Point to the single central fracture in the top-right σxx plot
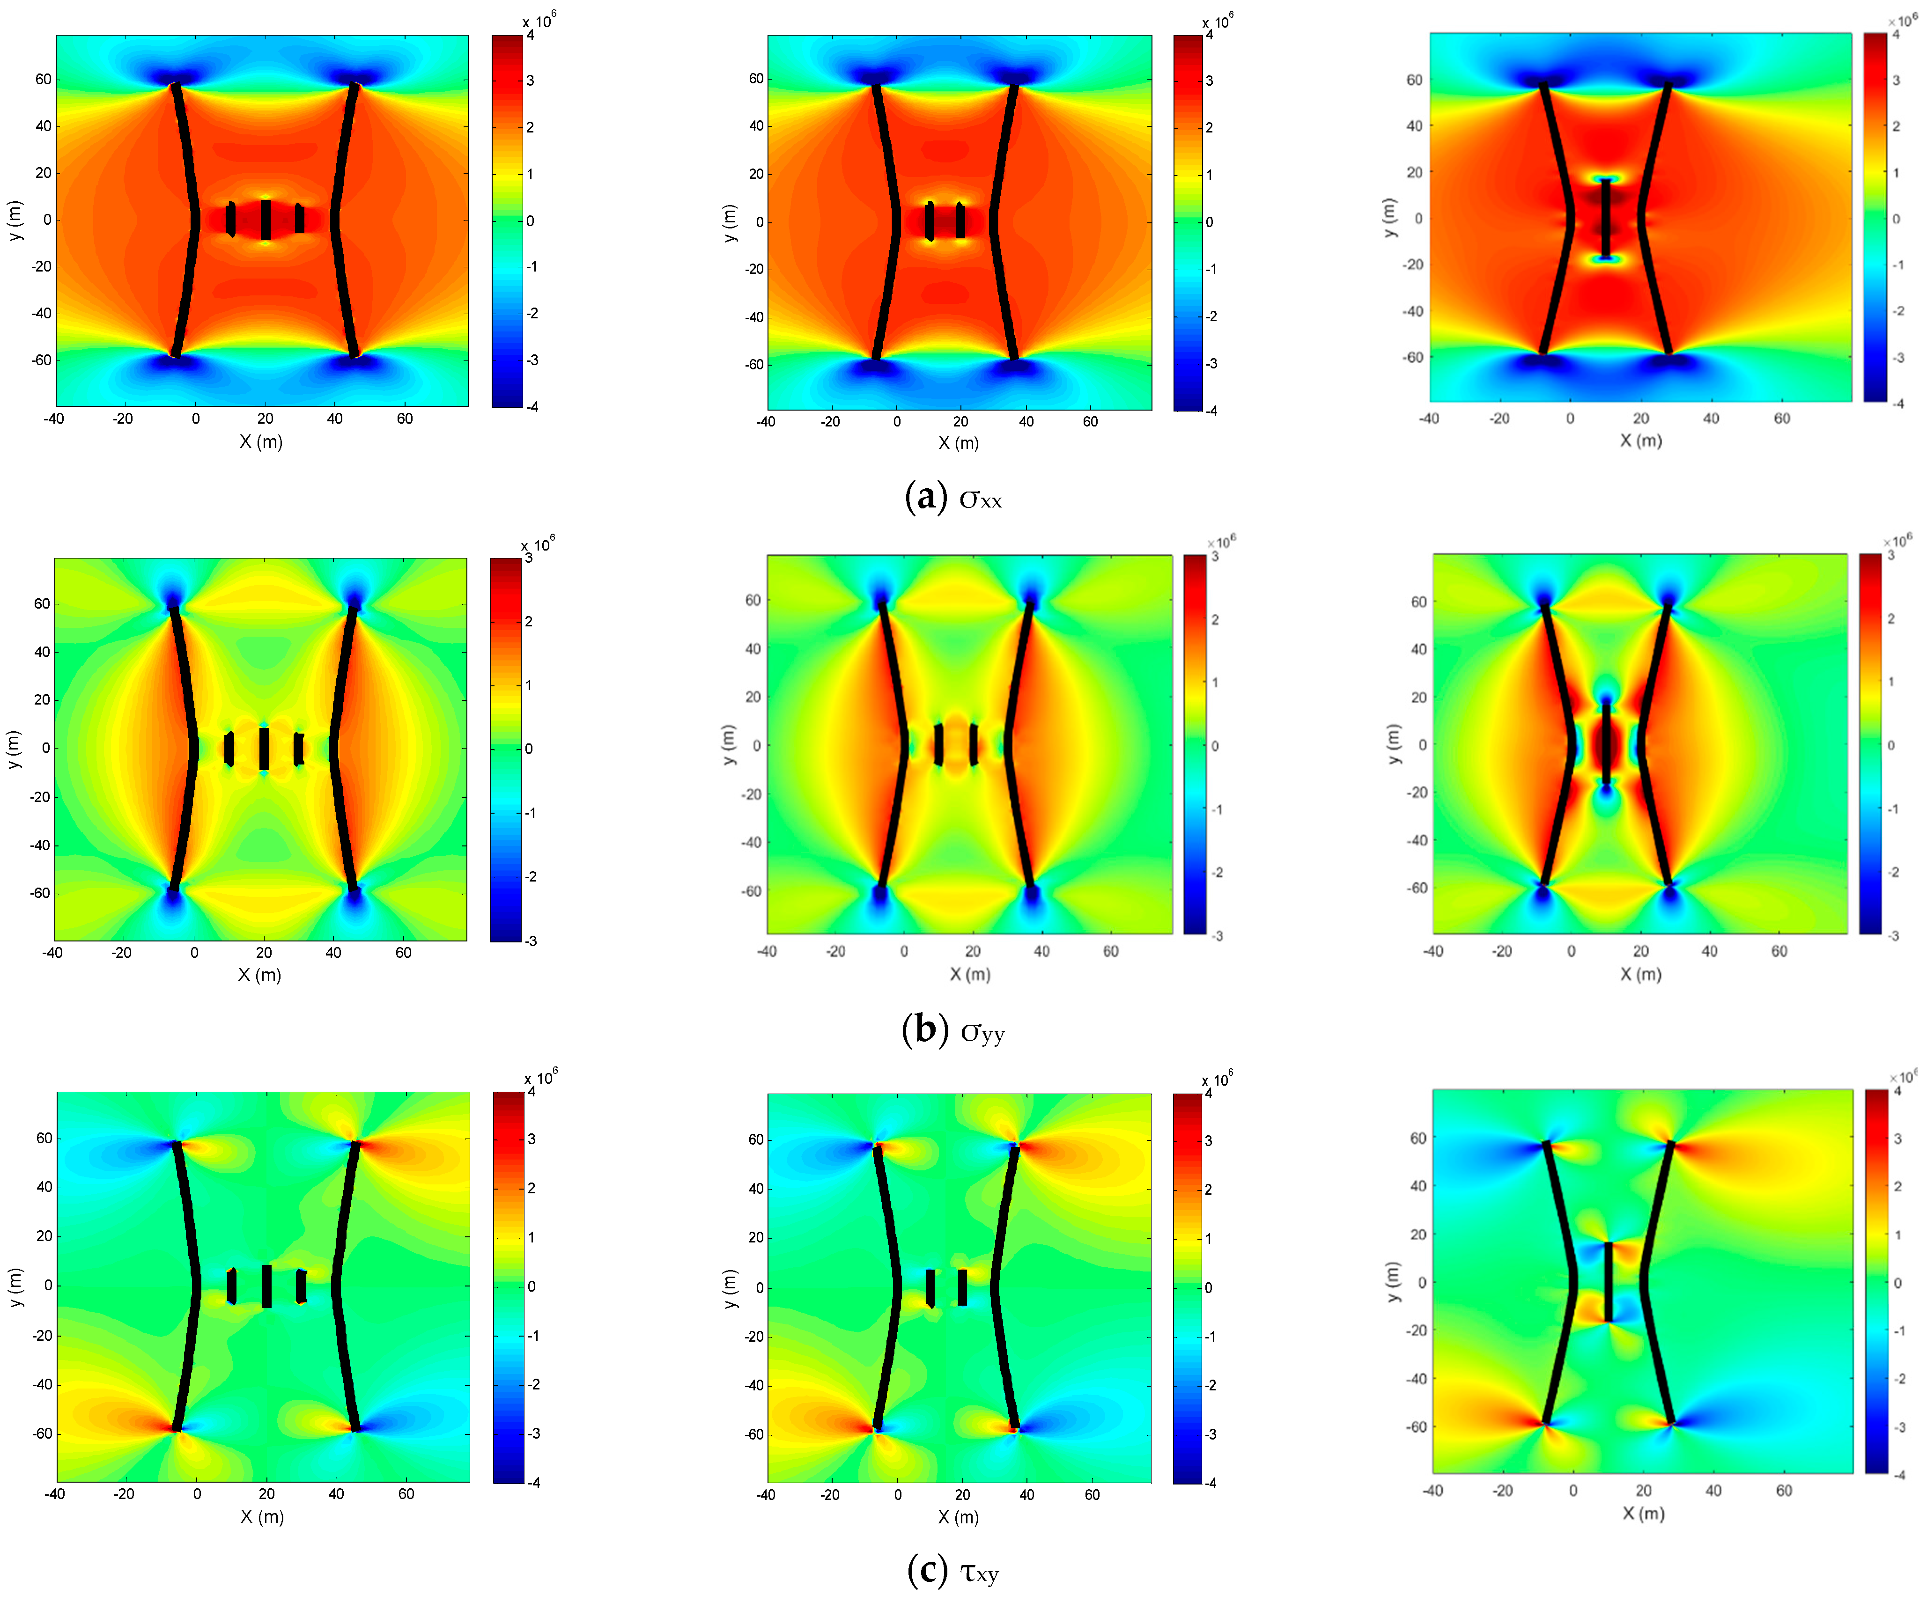1606,218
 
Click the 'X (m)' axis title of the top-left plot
261,441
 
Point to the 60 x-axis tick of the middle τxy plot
1092,1495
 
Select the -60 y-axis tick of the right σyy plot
1418,888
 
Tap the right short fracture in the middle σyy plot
973,744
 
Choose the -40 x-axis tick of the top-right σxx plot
1430,419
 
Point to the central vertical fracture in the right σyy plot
1606,743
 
